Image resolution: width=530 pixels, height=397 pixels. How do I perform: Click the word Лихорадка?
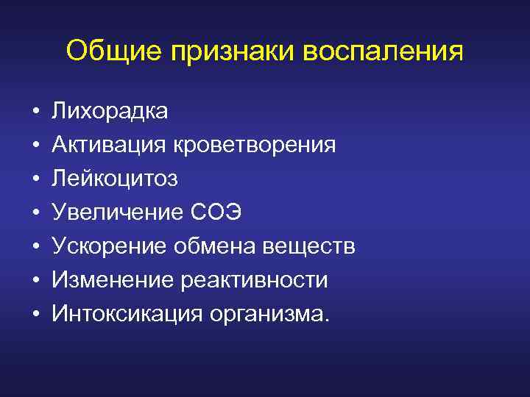click(110, 112)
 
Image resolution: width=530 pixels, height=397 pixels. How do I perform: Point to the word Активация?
click(109, 146)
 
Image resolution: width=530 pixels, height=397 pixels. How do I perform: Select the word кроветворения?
click(255, 146)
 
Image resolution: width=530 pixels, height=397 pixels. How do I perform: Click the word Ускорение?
click(110, 247)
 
